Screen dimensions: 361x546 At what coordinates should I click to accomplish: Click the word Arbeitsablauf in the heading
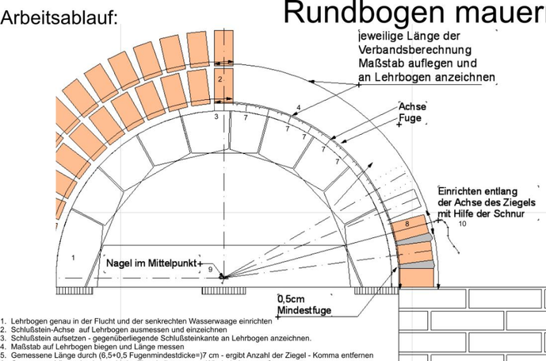coord(59,18)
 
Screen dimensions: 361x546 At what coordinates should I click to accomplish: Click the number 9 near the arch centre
coord(210,270)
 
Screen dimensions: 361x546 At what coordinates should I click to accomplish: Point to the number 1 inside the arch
coord(73,257)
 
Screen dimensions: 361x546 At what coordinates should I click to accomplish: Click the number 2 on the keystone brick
coord(220,79)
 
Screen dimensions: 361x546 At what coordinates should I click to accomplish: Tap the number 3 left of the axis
coord(216,117)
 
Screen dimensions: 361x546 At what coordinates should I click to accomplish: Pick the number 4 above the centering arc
coord(299,107)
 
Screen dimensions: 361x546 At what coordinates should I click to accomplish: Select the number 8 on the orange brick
coord(407,225)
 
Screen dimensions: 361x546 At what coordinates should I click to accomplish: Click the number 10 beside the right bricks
coord(462,224)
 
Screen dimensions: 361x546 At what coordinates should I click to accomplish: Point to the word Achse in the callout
coord(411,106)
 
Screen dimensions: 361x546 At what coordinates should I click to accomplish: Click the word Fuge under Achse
coord(410,118)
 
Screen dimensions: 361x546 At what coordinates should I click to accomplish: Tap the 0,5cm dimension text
coord(291,298)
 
